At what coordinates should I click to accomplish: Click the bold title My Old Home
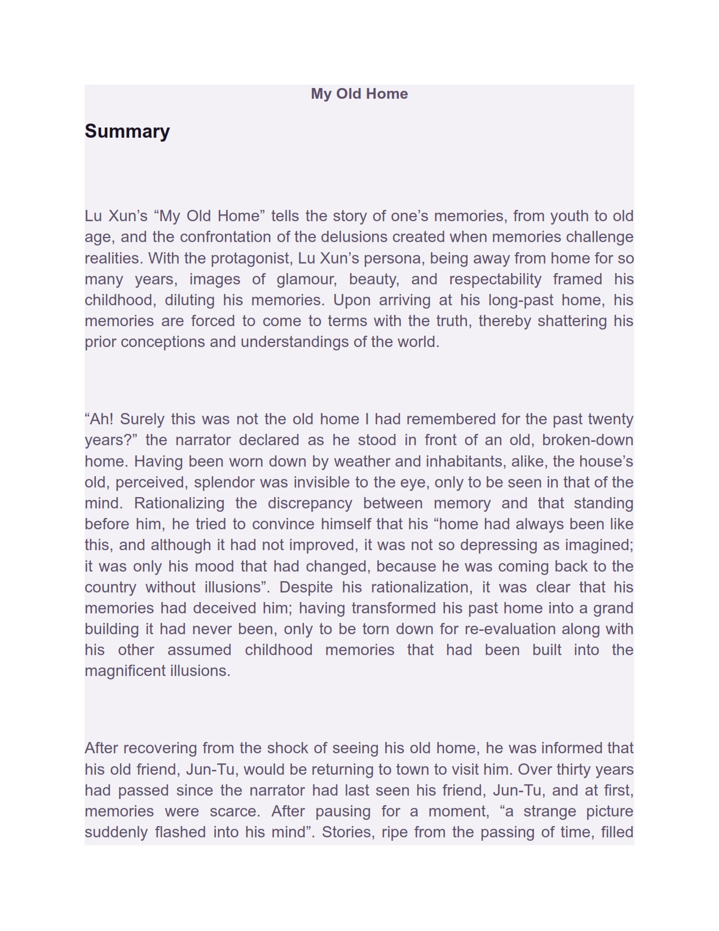pyautogui.click(x=359, y=94)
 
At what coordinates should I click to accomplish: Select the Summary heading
pyautogui.click(x=127, y=131)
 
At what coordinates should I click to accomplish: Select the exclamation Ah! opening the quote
pyautogui.click(x=99, y=419)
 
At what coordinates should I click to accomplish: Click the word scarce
pyautogui.click(x=235, y=811)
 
